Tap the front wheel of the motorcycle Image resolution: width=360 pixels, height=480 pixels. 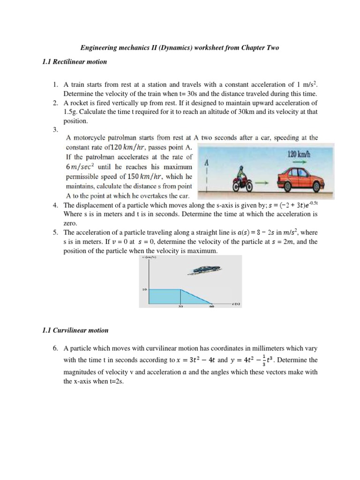(x=250, y=184)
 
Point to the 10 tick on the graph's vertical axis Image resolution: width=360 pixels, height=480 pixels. (x=144, y=290)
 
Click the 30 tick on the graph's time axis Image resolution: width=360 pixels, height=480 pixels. (x=180, y=307)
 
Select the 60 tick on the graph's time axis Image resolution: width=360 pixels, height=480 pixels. (x=211, y=307)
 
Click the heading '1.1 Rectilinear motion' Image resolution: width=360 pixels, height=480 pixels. (x=75, y=61)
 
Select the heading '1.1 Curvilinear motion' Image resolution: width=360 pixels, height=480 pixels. (x=75, y=330)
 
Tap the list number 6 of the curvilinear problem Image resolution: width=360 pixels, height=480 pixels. (x=55, y=348)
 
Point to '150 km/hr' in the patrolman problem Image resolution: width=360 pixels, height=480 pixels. (x=140, y=177)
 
